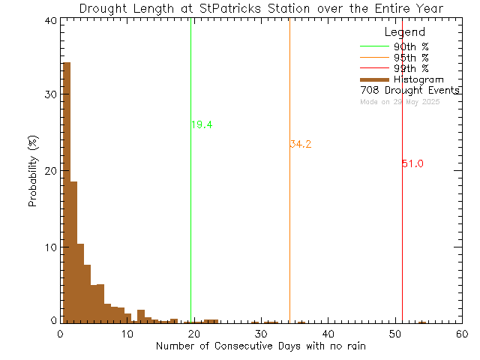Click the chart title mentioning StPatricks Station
click(x=261, y=8)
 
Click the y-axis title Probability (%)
click(x=34, y=172)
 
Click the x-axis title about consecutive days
click(x=261, y=346)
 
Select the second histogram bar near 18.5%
click(x=73, y=252)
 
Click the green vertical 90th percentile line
click(x=191, y=225)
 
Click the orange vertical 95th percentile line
click(x=289, y=225)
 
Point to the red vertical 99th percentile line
click(x=402, y=225)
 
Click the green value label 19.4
click(x=202, y=124)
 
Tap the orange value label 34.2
click(x=301, y=144)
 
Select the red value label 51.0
click(x=413, y=163)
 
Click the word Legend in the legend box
click(x=404, y=32)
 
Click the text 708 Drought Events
click(x=409, y=90)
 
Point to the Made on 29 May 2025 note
click(x=400, y=101)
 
